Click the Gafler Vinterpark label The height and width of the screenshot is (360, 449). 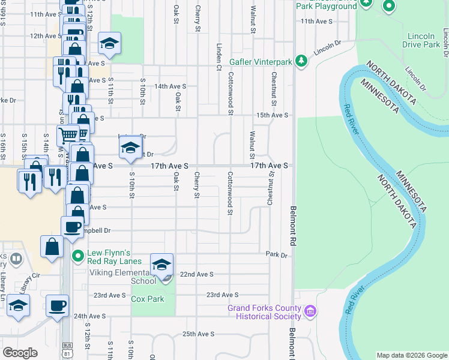[x=261, y=61]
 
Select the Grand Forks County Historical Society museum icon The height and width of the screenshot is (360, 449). [x=310, y=312]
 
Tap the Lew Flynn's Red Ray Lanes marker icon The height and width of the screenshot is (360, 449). [x=77, y=257]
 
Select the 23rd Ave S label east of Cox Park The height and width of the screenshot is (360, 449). [x=222, y=295]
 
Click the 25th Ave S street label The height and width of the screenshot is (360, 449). [x=198, y=334]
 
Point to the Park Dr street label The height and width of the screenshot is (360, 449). [x=277, y=254]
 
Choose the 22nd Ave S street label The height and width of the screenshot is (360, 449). [x=197, y=274]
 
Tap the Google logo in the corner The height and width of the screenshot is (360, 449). [x=20, y=352]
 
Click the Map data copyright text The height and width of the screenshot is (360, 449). [x=411, y=355]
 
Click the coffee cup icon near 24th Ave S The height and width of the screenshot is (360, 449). [x=58, y=306]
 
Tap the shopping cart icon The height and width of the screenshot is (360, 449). [x=69, y=135]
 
